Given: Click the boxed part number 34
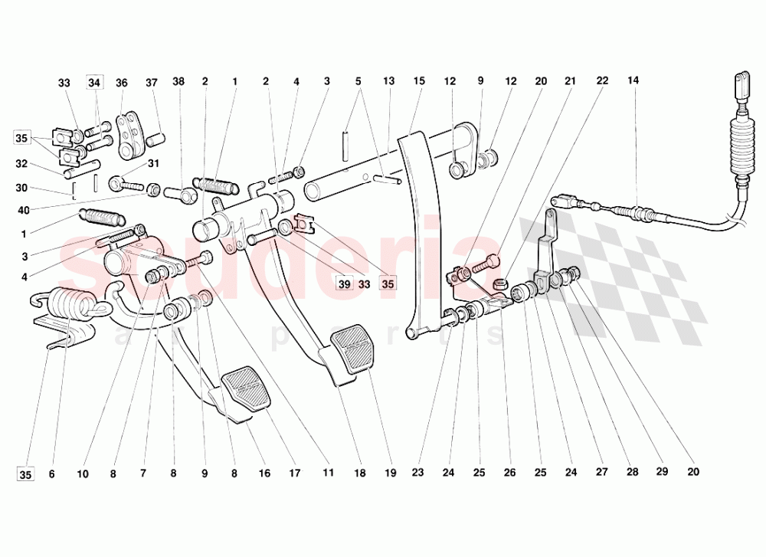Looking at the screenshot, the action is point(94,83).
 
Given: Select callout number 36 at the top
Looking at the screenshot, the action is point(122,83).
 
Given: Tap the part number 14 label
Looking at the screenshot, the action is point(633,80).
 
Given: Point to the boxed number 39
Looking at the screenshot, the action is point(345,284).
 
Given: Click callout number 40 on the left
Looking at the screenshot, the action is point(24,210).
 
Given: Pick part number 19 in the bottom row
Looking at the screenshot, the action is point(391,473).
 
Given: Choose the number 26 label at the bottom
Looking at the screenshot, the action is point(509,473).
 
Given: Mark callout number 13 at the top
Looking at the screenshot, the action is point(389,80).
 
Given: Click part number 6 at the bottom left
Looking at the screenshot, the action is point(52,473).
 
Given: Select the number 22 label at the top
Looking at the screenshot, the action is point(602,80).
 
